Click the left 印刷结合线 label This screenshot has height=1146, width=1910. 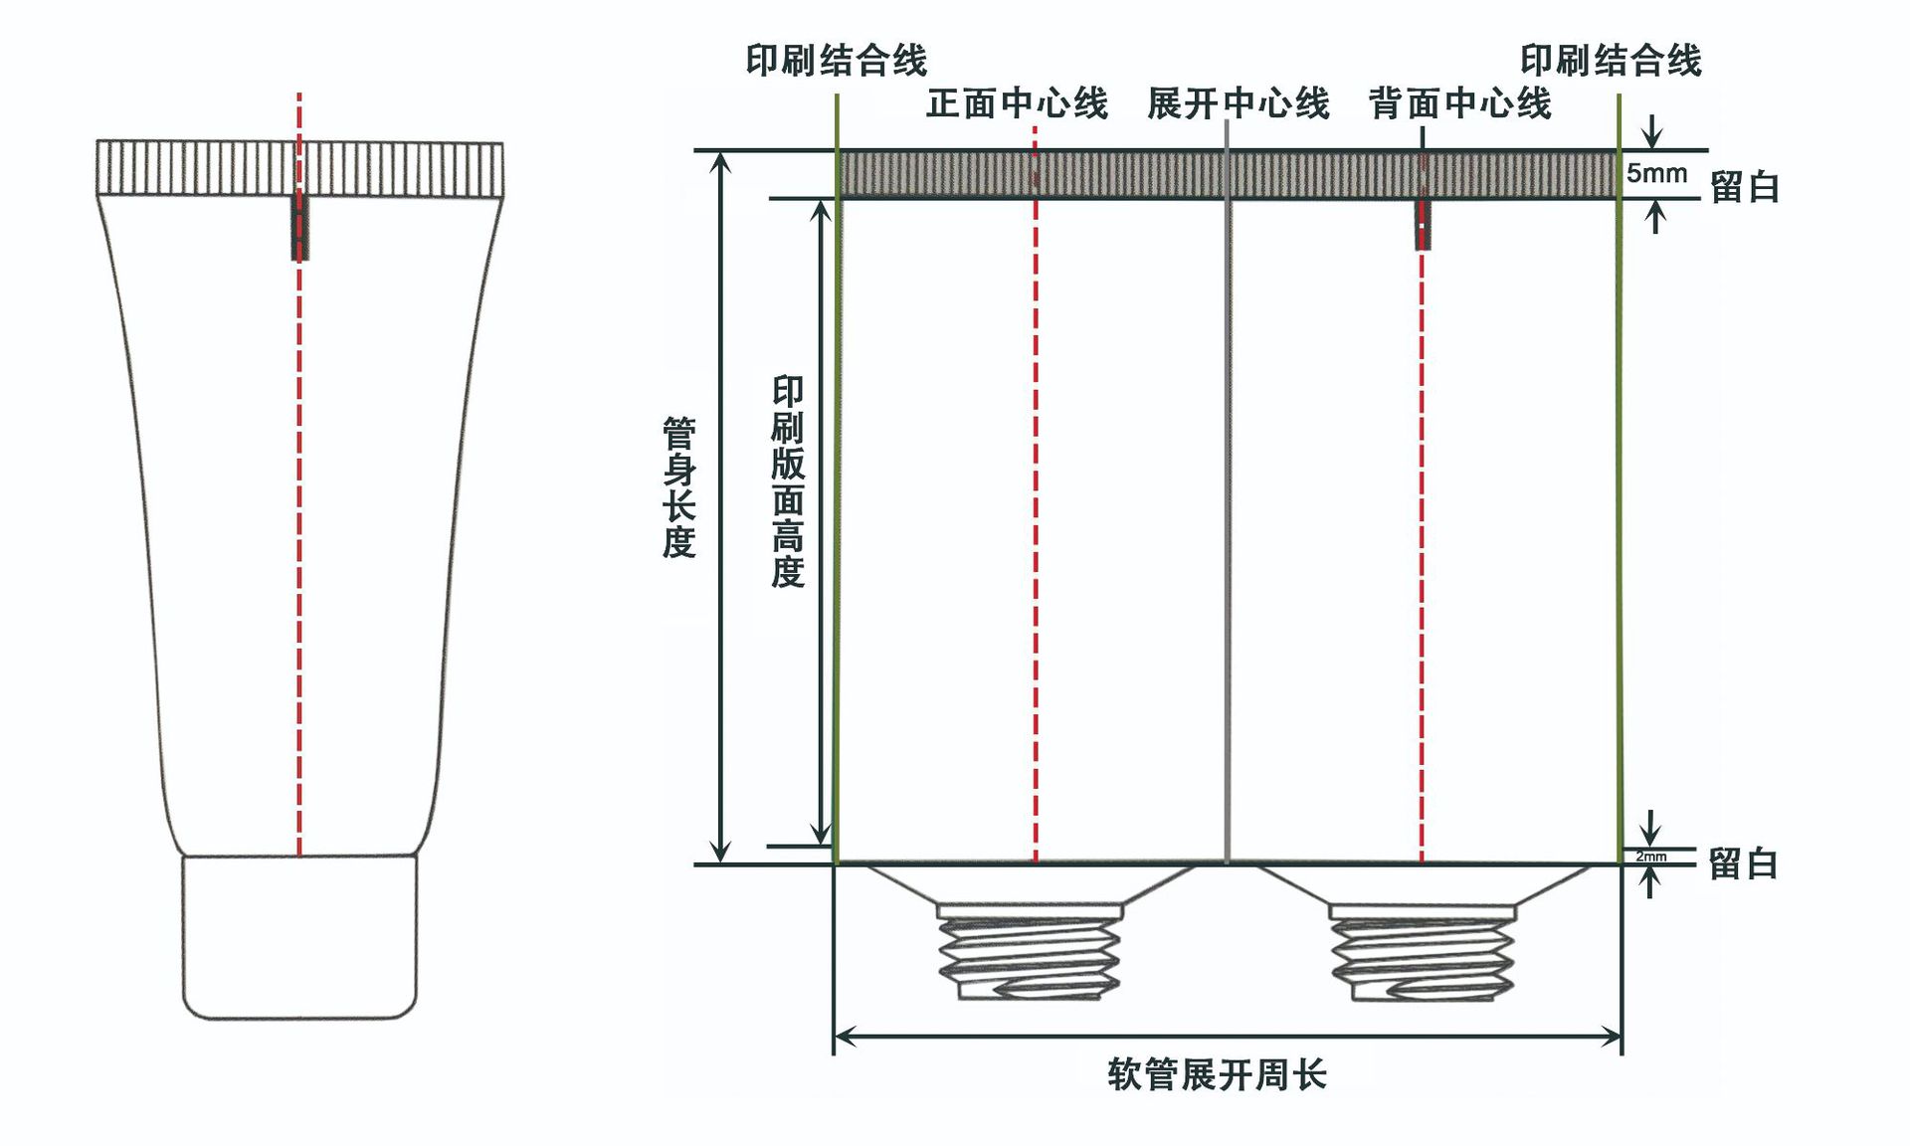(x=837, y=61)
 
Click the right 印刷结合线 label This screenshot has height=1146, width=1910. (x=1611, y=61)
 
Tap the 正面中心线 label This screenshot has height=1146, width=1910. (x=1017, y=103)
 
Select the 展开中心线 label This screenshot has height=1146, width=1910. (x=1238, y=103)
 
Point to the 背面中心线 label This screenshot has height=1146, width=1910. (x=1459, y=103)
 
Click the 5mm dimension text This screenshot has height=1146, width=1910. (x=1656, y=173)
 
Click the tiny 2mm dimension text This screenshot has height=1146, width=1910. (x=1651, y=857)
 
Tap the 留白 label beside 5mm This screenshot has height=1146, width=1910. (x=1744, y=187)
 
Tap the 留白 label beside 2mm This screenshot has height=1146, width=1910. (x=1743, y=863)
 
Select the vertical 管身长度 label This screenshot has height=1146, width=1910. (x=679, y=487)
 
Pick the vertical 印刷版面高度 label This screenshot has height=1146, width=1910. (x=788, y=481)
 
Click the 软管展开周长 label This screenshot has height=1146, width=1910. (x=1217, y=1075)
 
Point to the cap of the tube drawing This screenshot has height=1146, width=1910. (x=298, y=935)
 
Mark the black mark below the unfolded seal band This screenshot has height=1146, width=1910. (x=1423, y=225)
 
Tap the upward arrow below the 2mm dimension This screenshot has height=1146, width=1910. (x=1651, y=879)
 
